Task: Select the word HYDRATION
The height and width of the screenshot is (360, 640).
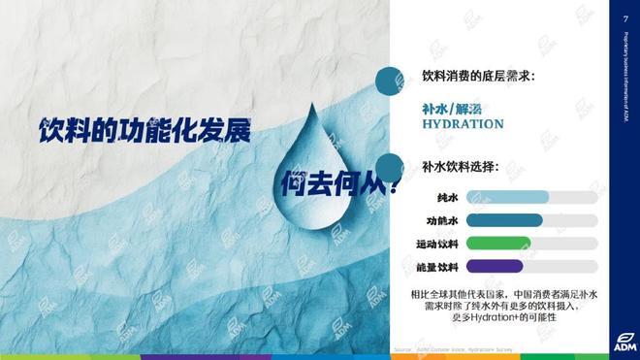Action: tap(463, 124)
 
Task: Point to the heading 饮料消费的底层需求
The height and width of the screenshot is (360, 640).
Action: tap(479, 76)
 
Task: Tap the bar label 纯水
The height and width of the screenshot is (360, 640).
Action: tap(448, 197)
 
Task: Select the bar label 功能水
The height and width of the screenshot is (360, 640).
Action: tap(443, 220)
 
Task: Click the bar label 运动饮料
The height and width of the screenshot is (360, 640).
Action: tap(437, 244)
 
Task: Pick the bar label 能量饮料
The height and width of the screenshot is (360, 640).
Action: tap(437, 267)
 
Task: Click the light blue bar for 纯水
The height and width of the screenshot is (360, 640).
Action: tap(507, 197)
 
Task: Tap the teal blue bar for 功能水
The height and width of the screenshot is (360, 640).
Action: tap(504, 220)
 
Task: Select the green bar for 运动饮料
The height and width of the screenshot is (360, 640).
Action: tap(498, 244)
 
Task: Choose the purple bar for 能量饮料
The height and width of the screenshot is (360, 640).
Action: tap(495, 267)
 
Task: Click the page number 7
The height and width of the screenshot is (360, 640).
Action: tap(624, 18)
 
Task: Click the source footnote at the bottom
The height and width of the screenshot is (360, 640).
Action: tap(455, 347)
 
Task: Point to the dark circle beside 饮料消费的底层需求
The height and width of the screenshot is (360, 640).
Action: tap(390, 81)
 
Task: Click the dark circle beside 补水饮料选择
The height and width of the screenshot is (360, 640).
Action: tap(390, 166)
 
